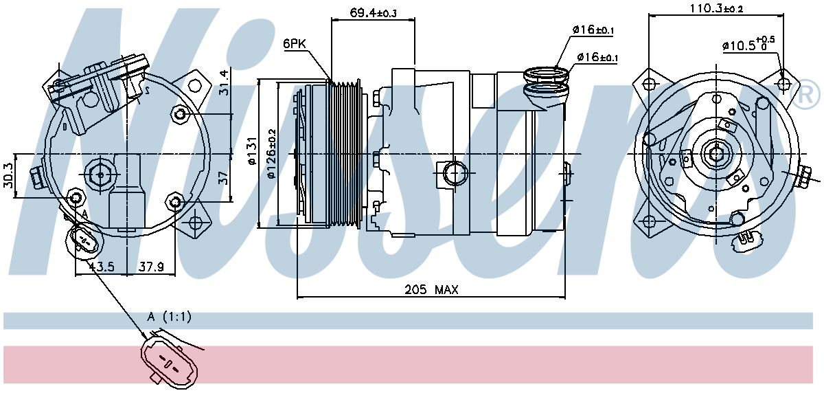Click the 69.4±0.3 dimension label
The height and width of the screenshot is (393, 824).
tap(373, 13)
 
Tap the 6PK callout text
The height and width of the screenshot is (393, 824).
tap(295, 44)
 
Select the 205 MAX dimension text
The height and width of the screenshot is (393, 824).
tap(431, 290)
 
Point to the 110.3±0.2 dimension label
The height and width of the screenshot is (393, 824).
tap(716, 8)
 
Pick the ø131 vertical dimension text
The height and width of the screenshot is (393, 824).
tap(253, 151)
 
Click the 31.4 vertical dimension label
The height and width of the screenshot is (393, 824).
tap(224, 83)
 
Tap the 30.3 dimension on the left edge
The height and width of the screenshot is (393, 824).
tap(8, 175)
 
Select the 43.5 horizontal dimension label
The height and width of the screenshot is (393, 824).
tap(101, 266)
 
